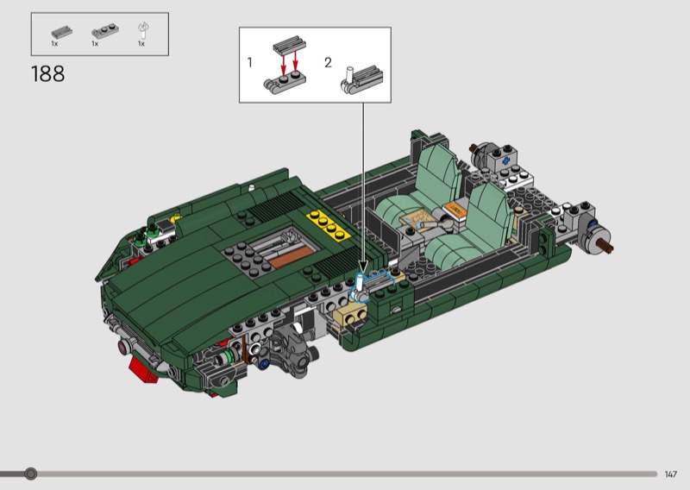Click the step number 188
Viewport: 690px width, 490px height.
[x=48, y=73]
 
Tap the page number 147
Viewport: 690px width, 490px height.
[x=671, y=474]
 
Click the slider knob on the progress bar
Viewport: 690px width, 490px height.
[x=30, y=474]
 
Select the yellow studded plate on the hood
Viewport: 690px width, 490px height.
[x=329, y=225]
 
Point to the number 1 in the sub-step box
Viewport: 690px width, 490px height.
[x=249, y=62]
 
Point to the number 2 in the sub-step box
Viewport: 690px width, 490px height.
[x=328, y=62]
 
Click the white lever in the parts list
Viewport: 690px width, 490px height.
[x=143, y=32]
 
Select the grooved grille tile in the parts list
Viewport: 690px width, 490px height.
[x=61, y=32]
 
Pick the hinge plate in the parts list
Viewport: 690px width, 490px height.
[x=103, y=32]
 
